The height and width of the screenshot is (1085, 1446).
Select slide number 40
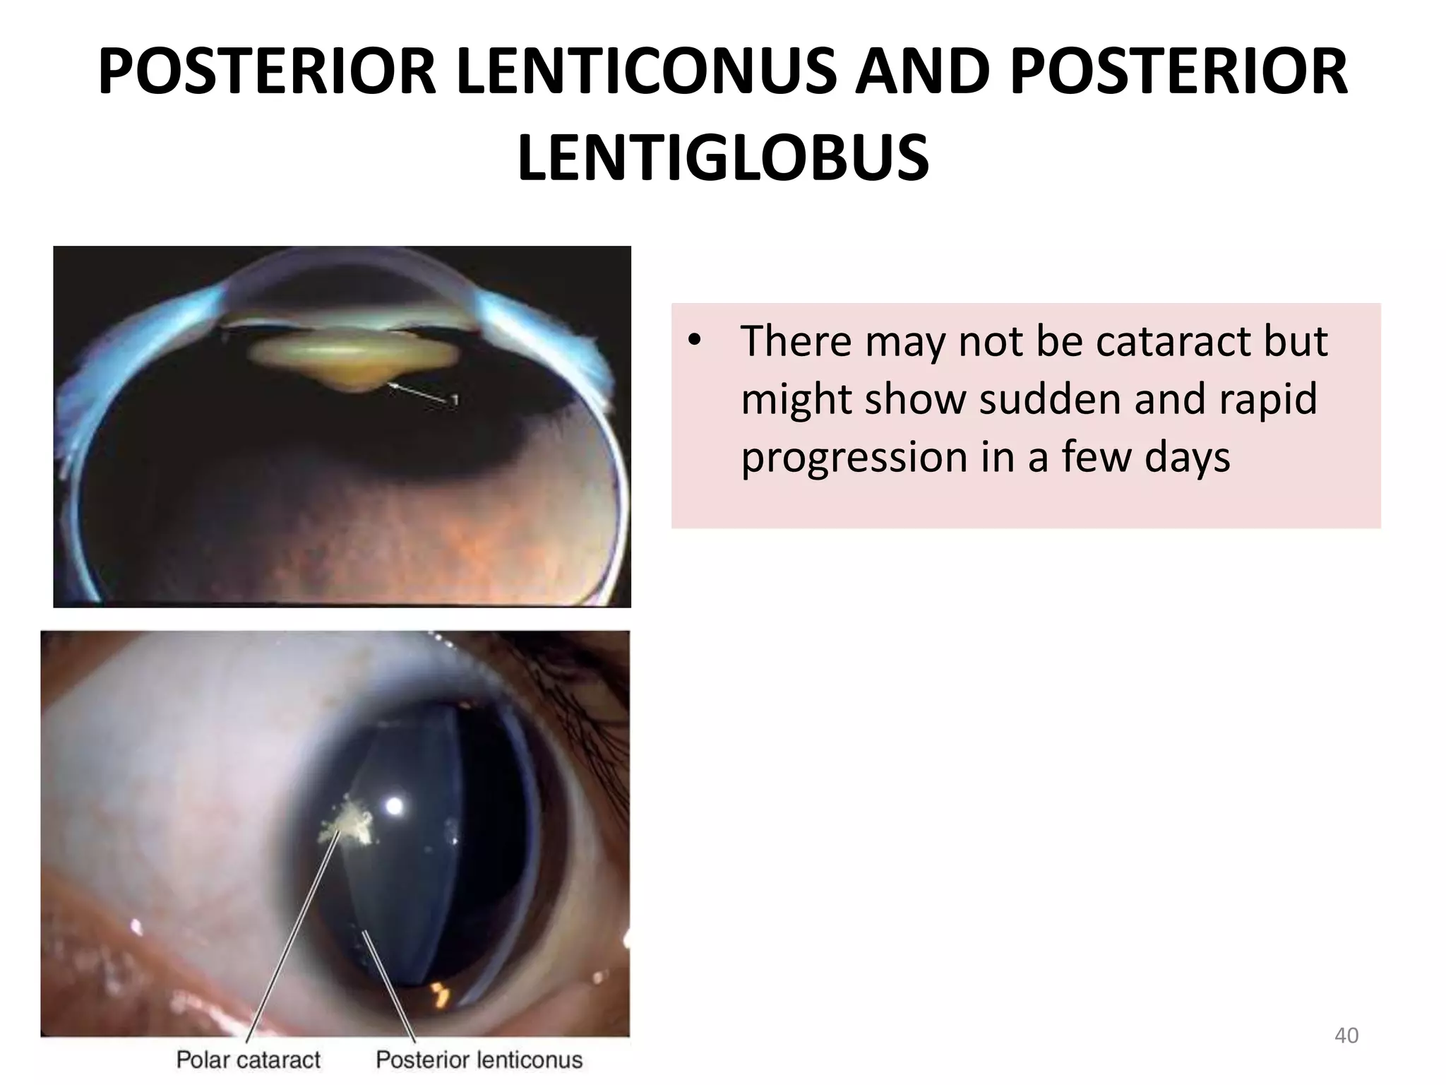coord(1346,1036)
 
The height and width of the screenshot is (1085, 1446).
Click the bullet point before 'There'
coord(695,342)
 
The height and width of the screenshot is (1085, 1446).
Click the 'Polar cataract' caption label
coord(248,1060)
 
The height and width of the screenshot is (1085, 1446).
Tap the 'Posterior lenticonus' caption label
coord(479,1060)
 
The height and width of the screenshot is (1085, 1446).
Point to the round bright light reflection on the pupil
coord(394,805)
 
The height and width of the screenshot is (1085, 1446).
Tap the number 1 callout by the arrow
coord(455,401)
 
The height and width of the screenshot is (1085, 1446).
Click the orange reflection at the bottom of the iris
coord(439,992)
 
